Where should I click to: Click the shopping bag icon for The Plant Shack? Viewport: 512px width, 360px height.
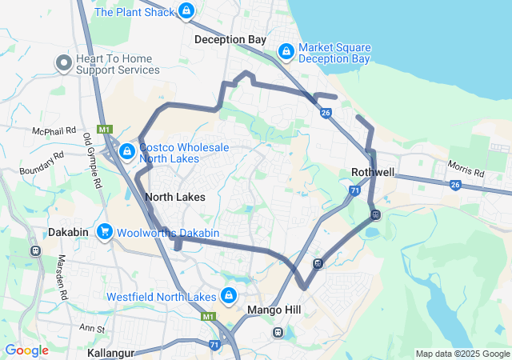(x=186, y=11)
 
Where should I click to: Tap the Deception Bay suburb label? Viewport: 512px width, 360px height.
(x=230, y=38)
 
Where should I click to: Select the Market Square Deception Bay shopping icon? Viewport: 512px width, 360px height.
(x=286, y=52)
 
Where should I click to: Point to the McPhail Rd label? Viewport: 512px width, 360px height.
(x=54, y=130)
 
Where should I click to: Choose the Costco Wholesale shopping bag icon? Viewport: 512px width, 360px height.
(x=126, y=151)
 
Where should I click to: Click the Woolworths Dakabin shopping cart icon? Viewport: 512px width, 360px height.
(x=104, y=232)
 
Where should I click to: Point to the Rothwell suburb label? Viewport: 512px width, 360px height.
(x=374, y=173)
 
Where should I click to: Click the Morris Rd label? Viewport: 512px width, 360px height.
(x=466, y=170)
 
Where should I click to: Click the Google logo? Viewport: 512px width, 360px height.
(x=26, y=350)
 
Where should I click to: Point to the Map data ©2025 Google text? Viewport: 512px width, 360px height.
(x=462, y=354)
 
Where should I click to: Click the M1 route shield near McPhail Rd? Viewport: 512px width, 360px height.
(x=105, y=129)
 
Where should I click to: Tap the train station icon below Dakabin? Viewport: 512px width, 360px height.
(x=35, y=250)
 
